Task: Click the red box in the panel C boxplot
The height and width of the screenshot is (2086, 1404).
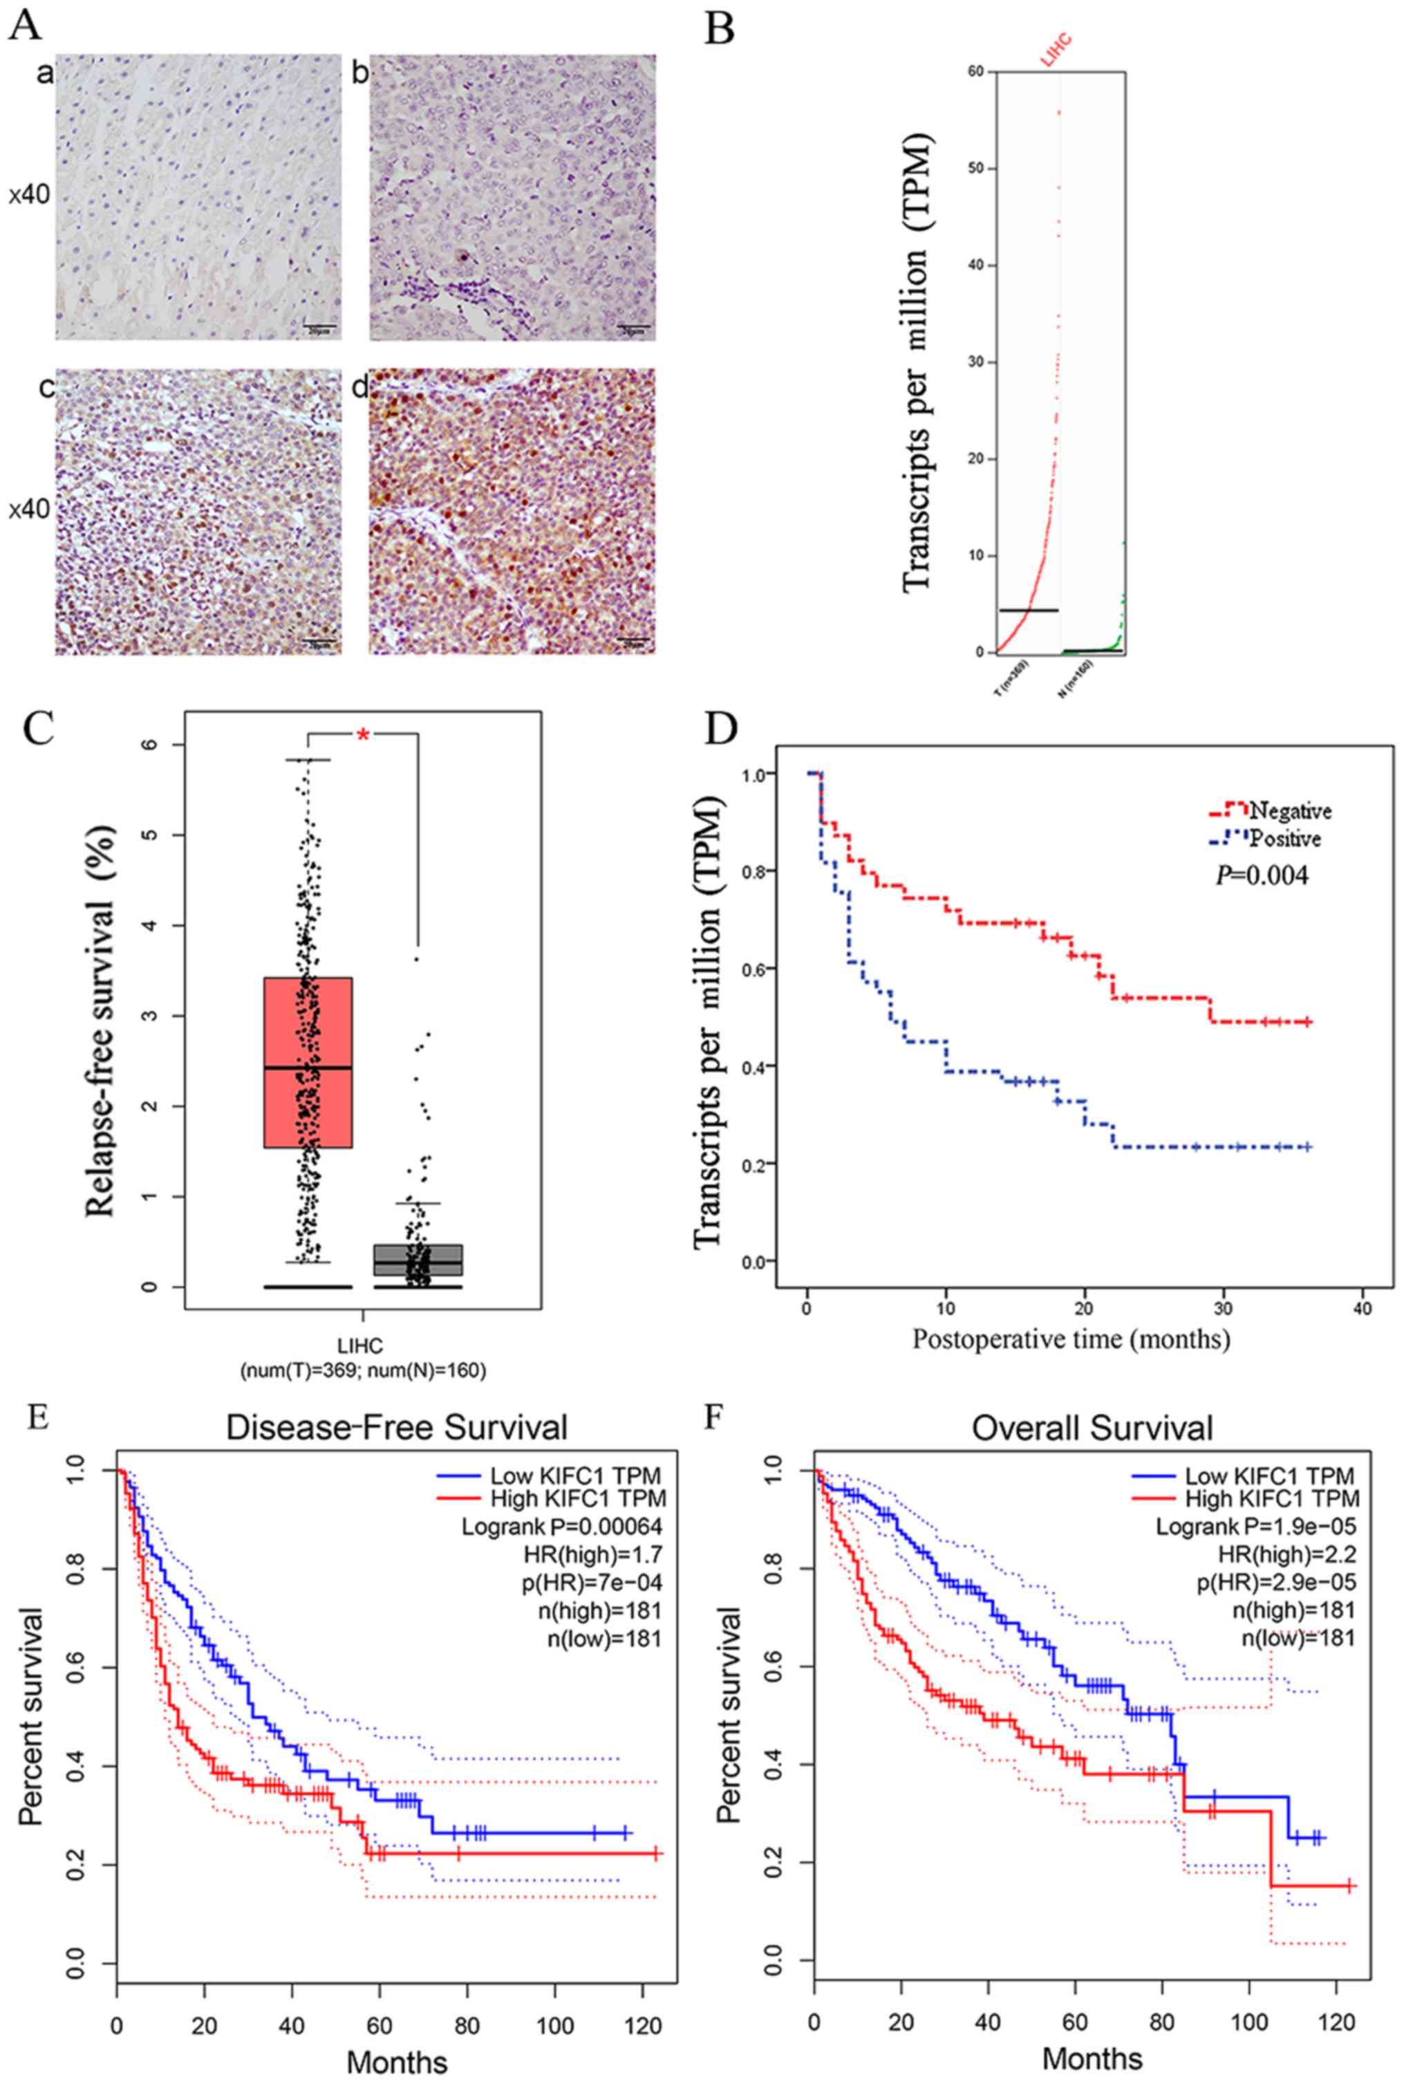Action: click(x=307, y=1061)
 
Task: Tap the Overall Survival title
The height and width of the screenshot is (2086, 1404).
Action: click(x=1092, y=1428)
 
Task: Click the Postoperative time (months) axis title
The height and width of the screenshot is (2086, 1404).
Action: click(x=1070, y=1340)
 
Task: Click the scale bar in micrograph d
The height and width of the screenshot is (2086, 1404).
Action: click(x=634, y=640)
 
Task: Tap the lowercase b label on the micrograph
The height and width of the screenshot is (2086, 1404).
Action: click(x=360, y=73)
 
